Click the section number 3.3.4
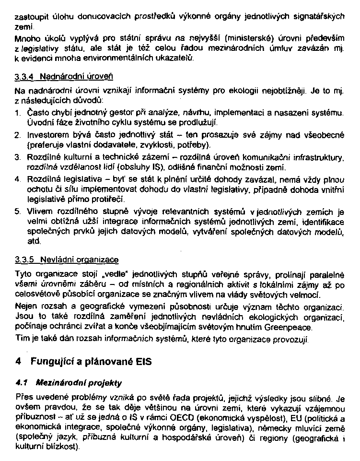click(x=23, y=77)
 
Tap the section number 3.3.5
click(x=23, y=260)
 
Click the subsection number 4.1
click(x=21, y=383)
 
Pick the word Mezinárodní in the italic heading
click(x=54, y=383)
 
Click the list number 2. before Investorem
click(x=17, y=136)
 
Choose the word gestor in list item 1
click(x=118, y=114)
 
